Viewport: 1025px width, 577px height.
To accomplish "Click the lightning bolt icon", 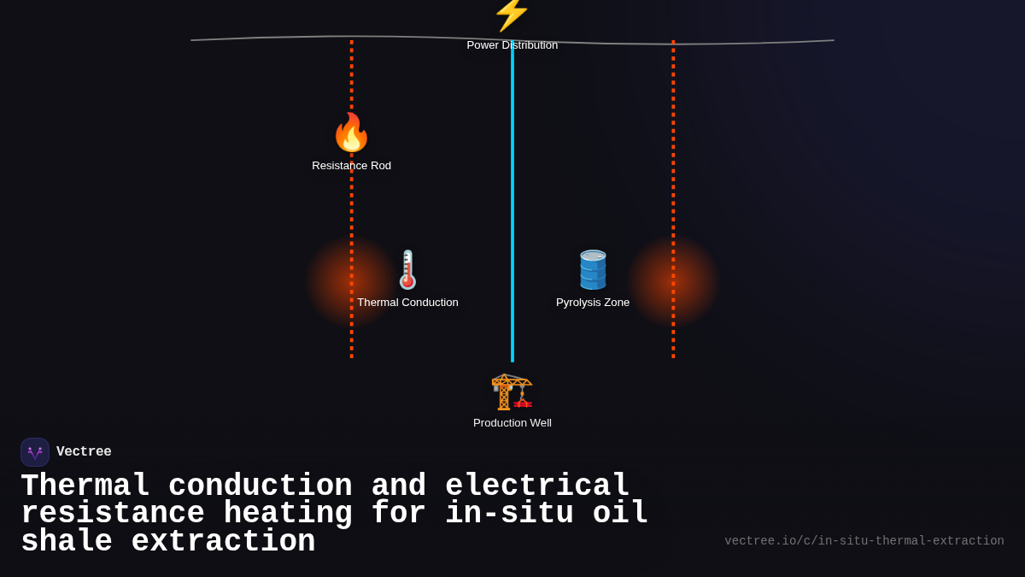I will [x=512, y=14].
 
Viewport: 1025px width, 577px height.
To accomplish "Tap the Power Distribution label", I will [x=512, y=45].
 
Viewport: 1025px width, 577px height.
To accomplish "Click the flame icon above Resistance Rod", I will [x=351, y=132].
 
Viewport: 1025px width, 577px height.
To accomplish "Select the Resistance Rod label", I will [x=351, y=166].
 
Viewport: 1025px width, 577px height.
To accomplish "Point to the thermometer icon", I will [x=407, y=270].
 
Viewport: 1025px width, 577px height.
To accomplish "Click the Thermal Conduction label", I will [x=407, y=303].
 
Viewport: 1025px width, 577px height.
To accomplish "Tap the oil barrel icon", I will [x=593, y=270].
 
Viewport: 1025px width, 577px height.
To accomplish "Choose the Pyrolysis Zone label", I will [x=593, y=303].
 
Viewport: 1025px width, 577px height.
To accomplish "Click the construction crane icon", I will [x=512, y=392].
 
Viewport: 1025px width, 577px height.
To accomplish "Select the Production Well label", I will [x=512, y=423].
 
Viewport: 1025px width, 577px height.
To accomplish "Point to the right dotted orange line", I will [x=673, y=171].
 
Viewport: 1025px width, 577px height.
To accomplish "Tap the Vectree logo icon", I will [x=35, y=452].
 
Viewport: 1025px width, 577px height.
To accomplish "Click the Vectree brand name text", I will [x=84, y=452].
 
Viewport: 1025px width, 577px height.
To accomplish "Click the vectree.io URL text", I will [x=864, y=541].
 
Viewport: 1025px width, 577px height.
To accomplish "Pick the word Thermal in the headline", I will [x=85, y=486].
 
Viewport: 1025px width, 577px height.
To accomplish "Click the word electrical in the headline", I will [x=537, y=486].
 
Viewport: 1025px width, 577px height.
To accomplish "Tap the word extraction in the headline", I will [x=223, y=542].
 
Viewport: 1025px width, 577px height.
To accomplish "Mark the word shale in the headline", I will [x=67, y=542].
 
